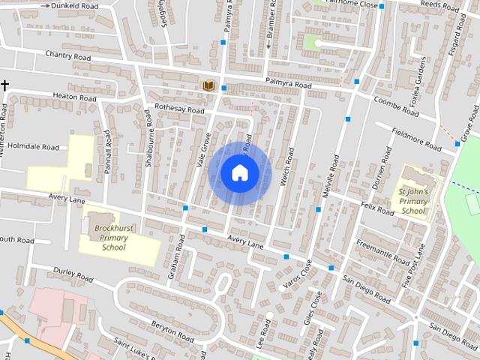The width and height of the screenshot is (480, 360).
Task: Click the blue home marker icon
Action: pyautogui.click(x=239, y=172)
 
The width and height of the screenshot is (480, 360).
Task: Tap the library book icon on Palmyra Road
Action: pyautogui.click(x=209, y=86)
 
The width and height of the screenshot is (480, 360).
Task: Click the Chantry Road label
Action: pyautogui.click(x=67, y=56)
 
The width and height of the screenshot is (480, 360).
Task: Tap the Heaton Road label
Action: pyautogui.click(x=74, y=97)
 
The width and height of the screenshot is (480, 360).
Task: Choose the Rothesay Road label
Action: pyautogui.click(x=179, y=109)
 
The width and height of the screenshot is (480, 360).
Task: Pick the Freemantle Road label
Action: pyautogui.click(x=383, y=255)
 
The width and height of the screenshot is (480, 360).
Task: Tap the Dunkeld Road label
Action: pyautogui.click(x=75, y=5)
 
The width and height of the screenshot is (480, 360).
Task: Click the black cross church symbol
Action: pyautogui.click(x=4, y=85)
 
